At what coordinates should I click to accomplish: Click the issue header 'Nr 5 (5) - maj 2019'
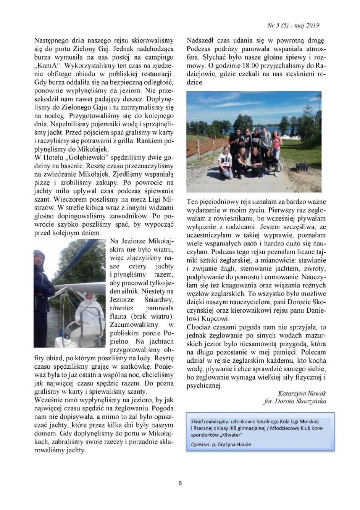point(293,25)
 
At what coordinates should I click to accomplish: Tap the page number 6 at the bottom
point(180,482)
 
